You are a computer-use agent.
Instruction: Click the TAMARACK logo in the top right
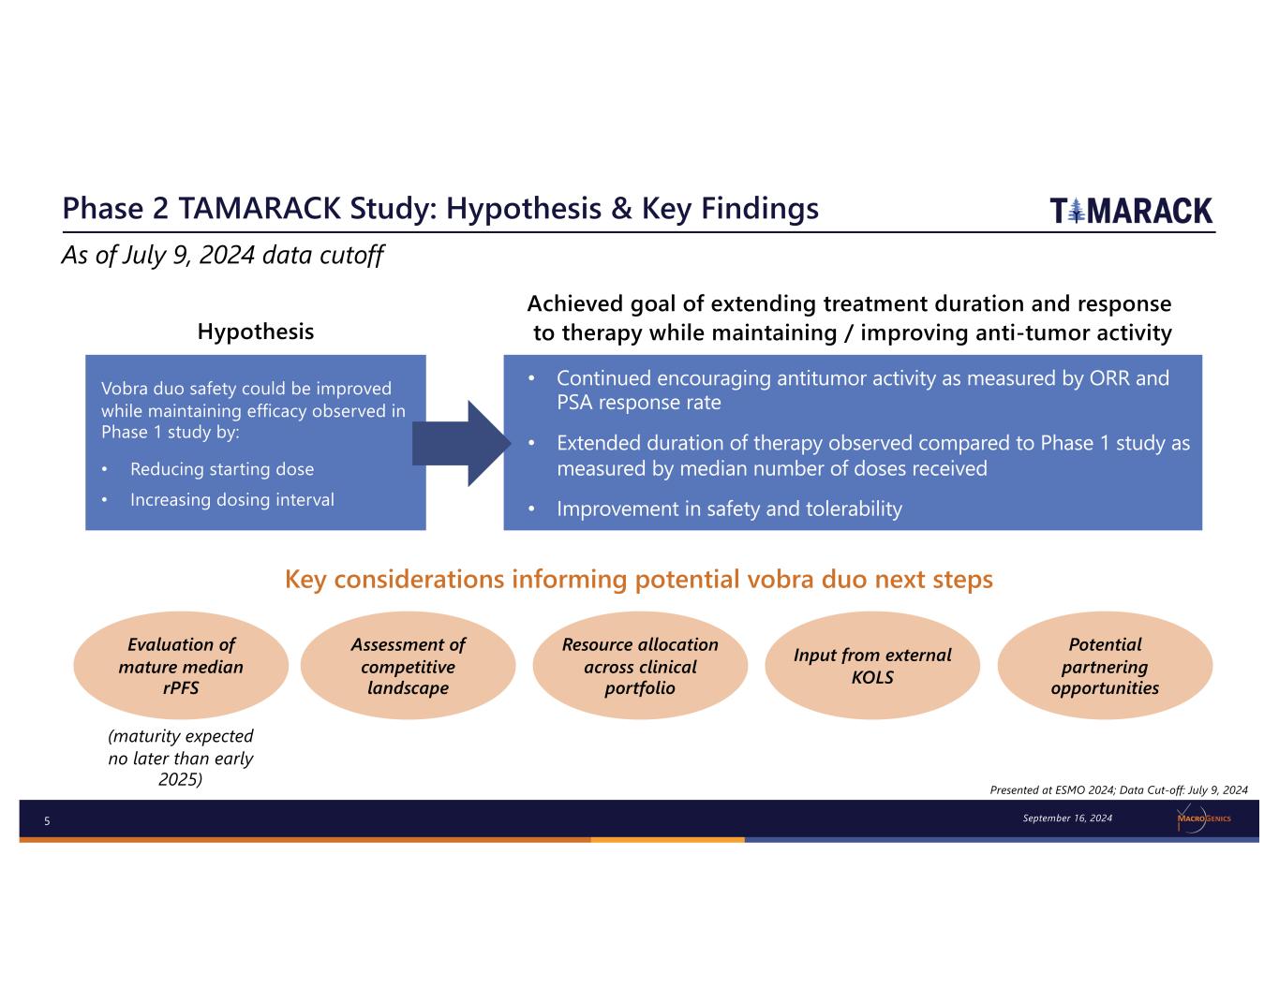1131,211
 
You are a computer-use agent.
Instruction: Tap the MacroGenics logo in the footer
1203,819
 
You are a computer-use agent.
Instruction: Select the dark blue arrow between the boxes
462,444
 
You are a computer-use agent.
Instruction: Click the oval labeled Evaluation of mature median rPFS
181,666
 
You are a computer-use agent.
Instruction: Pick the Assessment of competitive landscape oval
408,666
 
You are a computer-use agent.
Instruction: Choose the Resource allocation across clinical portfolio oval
640,666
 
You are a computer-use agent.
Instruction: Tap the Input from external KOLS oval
872,666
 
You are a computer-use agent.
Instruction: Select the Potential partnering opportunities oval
1105,666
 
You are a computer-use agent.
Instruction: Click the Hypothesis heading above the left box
255,332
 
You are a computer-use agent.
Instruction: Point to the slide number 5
47,821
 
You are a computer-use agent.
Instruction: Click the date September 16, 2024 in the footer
1067,818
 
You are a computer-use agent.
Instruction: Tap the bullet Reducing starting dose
222,469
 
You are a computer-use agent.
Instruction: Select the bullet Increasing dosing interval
231,500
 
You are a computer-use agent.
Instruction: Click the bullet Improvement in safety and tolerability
729,509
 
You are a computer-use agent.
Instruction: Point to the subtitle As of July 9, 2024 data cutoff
222,255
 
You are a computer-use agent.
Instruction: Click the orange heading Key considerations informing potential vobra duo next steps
638,580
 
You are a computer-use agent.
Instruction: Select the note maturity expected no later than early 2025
181,758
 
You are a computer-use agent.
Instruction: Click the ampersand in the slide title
621,209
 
